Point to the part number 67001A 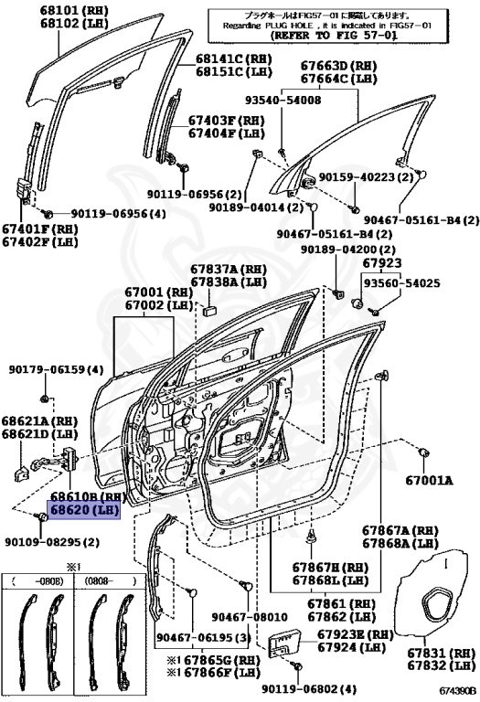pos(429,478)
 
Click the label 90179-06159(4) pos(57,369)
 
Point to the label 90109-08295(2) pos(51,542)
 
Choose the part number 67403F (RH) pos(225,119)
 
